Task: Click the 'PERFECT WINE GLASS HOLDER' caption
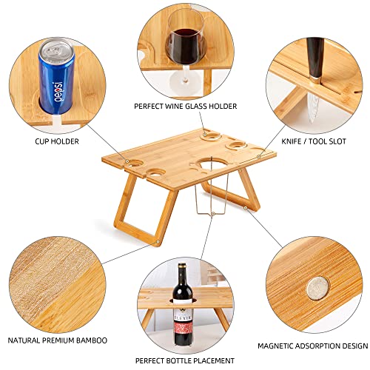[185, 107]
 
